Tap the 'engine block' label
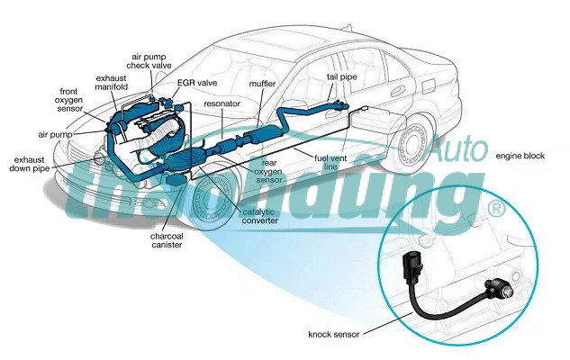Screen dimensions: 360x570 point(520,156)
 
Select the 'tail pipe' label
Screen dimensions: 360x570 point(342,78)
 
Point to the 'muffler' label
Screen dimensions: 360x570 point(261,84)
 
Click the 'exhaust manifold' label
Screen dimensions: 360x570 point(112,83)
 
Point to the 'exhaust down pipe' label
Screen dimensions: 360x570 point(32,163)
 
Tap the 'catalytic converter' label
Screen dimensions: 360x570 point(260,216)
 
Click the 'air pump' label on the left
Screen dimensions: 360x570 point(55,133)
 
